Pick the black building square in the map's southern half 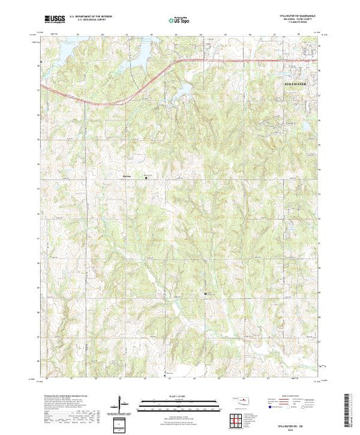coord(207,295)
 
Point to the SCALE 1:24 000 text coord(178,395)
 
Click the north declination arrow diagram coord(120,403)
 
